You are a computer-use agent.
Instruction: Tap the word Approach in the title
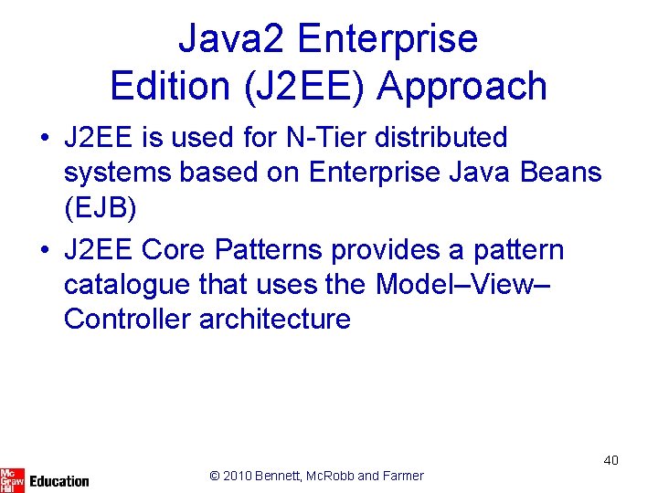coord(462,87)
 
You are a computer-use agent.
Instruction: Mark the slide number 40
coord(610,460)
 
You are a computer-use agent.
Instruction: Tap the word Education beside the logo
coord(59,480)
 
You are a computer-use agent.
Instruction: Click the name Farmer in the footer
coord(402,475)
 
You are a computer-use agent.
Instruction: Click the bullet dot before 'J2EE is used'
coord(44,139)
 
